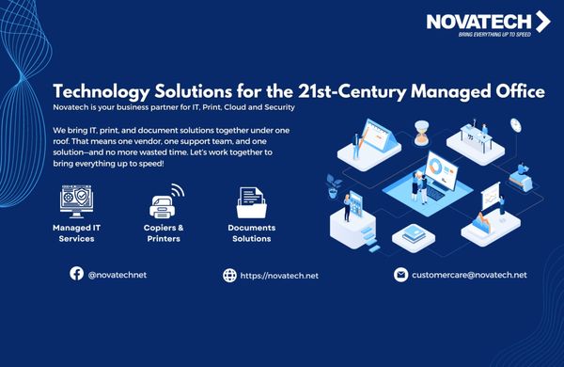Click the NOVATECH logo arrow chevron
click(x=543, y=22)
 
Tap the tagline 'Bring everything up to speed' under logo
click(x=494, y=35)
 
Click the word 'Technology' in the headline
click(x=102, y=92)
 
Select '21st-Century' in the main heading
click(x=352, y=92)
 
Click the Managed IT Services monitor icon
click(x=76, y=201)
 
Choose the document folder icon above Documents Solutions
click(x=251, y=202)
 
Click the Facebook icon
click(x=77, y=274)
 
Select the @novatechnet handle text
click(x=117, y=275)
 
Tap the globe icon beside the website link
click(x=229, y=276)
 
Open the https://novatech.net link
click(x=279, y=276)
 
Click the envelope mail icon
click(x=400, y=275)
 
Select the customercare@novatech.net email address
click(x=469, y=275)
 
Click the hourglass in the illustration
click(x=421, y=133)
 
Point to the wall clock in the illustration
click(x=516, y=125)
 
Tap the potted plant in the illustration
click(x=333, y=185)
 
